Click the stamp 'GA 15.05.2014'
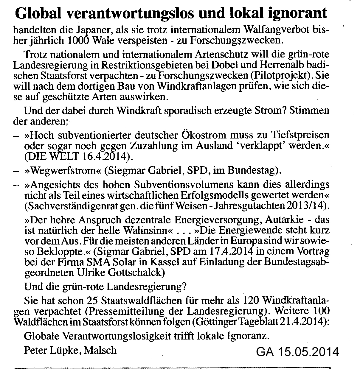coord(297,352)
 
